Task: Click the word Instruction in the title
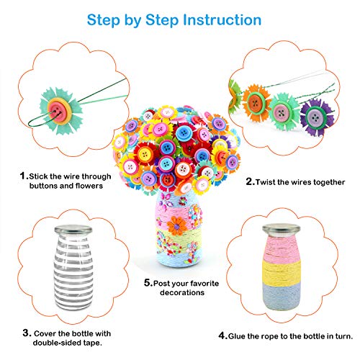[220, 19]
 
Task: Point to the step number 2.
[250, 182]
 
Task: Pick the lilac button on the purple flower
[312, 112]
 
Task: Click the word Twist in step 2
[269, 182]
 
